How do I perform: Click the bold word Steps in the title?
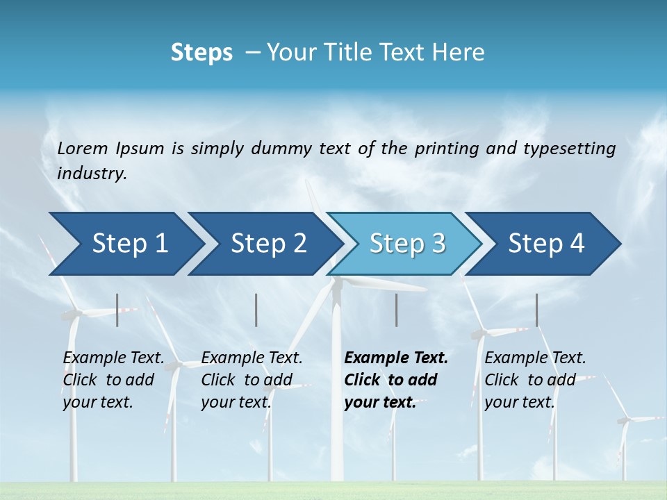[x=201, y=53]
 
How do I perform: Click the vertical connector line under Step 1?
[x=117, y=310]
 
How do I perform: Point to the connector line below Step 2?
[x=256, y=310]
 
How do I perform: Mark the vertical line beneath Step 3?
[x=396, y=310]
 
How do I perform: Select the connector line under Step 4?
[x=536, y=310]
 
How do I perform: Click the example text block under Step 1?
[x=113, y=380]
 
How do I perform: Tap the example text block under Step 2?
[x=252, y=380]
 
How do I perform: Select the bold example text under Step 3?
[x=396, y=380]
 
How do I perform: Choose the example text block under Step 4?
[x=535, y=380]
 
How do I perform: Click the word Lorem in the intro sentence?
[x=83, y=149]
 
